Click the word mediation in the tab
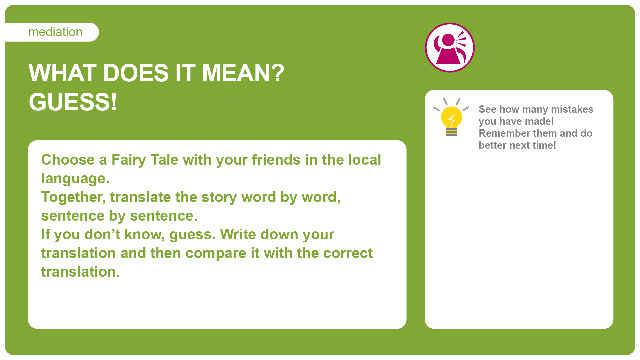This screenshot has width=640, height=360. pyautogui.click(x=55, y=32)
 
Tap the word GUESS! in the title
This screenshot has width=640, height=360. pyautogui.click(x=73, y=102)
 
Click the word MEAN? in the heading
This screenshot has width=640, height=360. pyautogui.click(x=243, y=73)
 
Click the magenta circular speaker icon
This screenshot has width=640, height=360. pyautogui.click(x=450, y=48)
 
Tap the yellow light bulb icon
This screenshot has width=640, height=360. pyautogui.click(x=451, y=117)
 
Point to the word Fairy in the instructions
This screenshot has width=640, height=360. pyautogui.click(x=129, y=160)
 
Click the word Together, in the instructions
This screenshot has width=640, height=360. pyautogui.click(x=73, y=198)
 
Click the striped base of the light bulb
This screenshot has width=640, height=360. pyautogui.click(x=452, y=132)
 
